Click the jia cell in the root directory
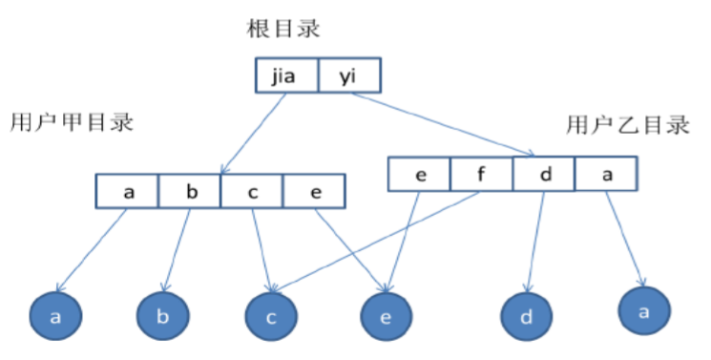pyautogui.click(x=285, y=75)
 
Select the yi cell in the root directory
pyautogui.click(x=347, y=75)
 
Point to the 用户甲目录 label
pyautogui.click(x=73, y=123)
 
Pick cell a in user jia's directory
pyautogui.click(x=128, y=190)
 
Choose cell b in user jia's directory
pyautogui.click(x=190, y=190)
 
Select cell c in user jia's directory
pyautogui.click(x=252, y=190)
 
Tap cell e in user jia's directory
pyautogui.click(x=314, y=190)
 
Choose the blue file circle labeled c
pyautogui.click(x=272, y=318)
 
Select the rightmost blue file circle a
pyautogui.click(x=644, y=309)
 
